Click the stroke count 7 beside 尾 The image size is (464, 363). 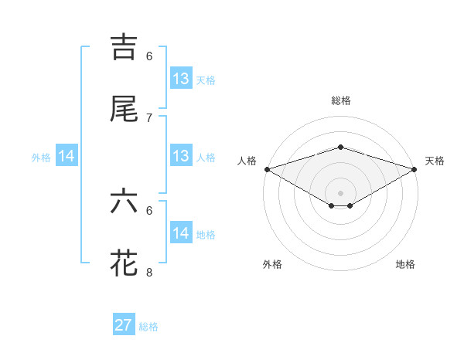pyautogui.click(x=149, y=117)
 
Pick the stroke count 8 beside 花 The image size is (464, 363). pyautogui.click(x=149, y=272)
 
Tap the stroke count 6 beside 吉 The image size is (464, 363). pyautogui.click(x=149, y=56)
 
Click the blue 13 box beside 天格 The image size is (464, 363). pyautogui.click(x=181, y=79)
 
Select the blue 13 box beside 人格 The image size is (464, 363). pyautogui.click(x=181, y=156)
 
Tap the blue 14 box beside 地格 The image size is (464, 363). pyautogui.click(x=181, y=233)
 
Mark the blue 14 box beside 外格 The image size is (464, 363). pyautogui.click(x=67, y=156)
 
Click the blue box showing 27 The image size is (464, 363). pyautogui.click(x=124, y=325)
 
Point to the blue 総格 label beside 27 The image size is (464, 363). pyautogui.click(x=148, y=327)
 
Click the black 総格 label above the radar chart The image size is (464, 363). pyautogui.click(x=340, y=100)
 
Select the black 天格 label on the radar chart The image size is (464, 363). pyautogui.click(x=435, y=161)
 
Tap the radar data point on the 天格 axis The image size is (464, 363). pyautogui.click(x=415, y=168)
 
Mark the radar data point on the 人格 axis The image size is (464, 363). pyautogui.click(x=267, y=168)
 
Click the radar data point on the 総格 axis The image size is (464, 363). pyautogui.click(x=340, y=147)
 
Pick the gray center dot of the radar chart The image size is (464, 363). pyautogui.click(x=340, y=192)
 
